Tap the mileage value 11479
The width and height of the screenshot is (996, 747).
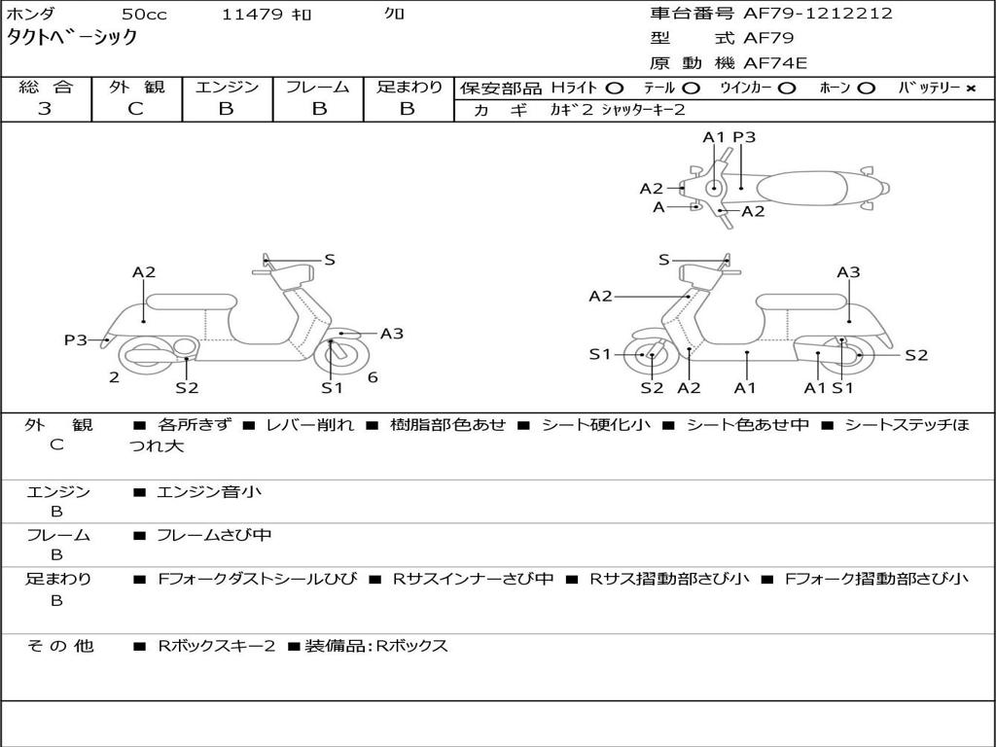tap(252, 15)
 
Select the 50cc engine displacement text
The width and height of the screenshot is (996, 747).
tap(143, 15)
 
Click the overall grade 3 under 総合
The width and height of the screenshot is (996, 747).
tap(45, 109)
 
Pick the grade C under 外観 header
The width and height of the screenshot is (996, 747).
tap(136, 109)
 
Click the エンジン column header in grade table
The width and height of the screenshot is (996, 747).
tap(227, 88)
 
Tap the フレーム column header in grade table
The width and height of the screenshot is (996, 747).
tap(318, 88)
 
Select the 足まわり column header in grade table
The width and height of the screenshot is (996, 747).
tap(409, 88)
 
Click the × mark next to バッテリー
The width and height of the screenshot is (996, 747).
tap(971, 89)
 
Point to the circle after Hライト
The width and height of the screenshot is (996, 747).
tap(615, 89)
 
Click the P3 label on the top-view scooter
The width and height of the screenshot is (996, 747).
tap(744, 138)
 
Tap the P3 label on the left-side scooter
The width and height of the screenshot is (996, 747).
tap(76, 340)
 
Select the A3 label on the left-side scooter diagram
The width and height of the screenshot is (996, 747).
tap(392, 334)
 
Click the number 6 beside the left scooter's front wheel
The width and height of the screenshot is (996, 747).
tap(373, 377)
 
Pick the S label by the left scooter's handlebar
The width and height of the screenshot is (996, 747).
tap(330, 260)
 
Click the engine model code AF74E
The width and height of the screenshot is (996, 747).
tap(775, 64)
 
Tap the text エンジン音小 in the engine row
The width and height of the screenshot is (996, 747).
tap(209, 492)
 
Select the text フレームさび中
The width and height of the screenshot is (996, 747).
tap(214, 535)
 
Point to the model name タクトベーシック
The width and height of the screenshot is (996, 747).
tap(72, 38)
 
